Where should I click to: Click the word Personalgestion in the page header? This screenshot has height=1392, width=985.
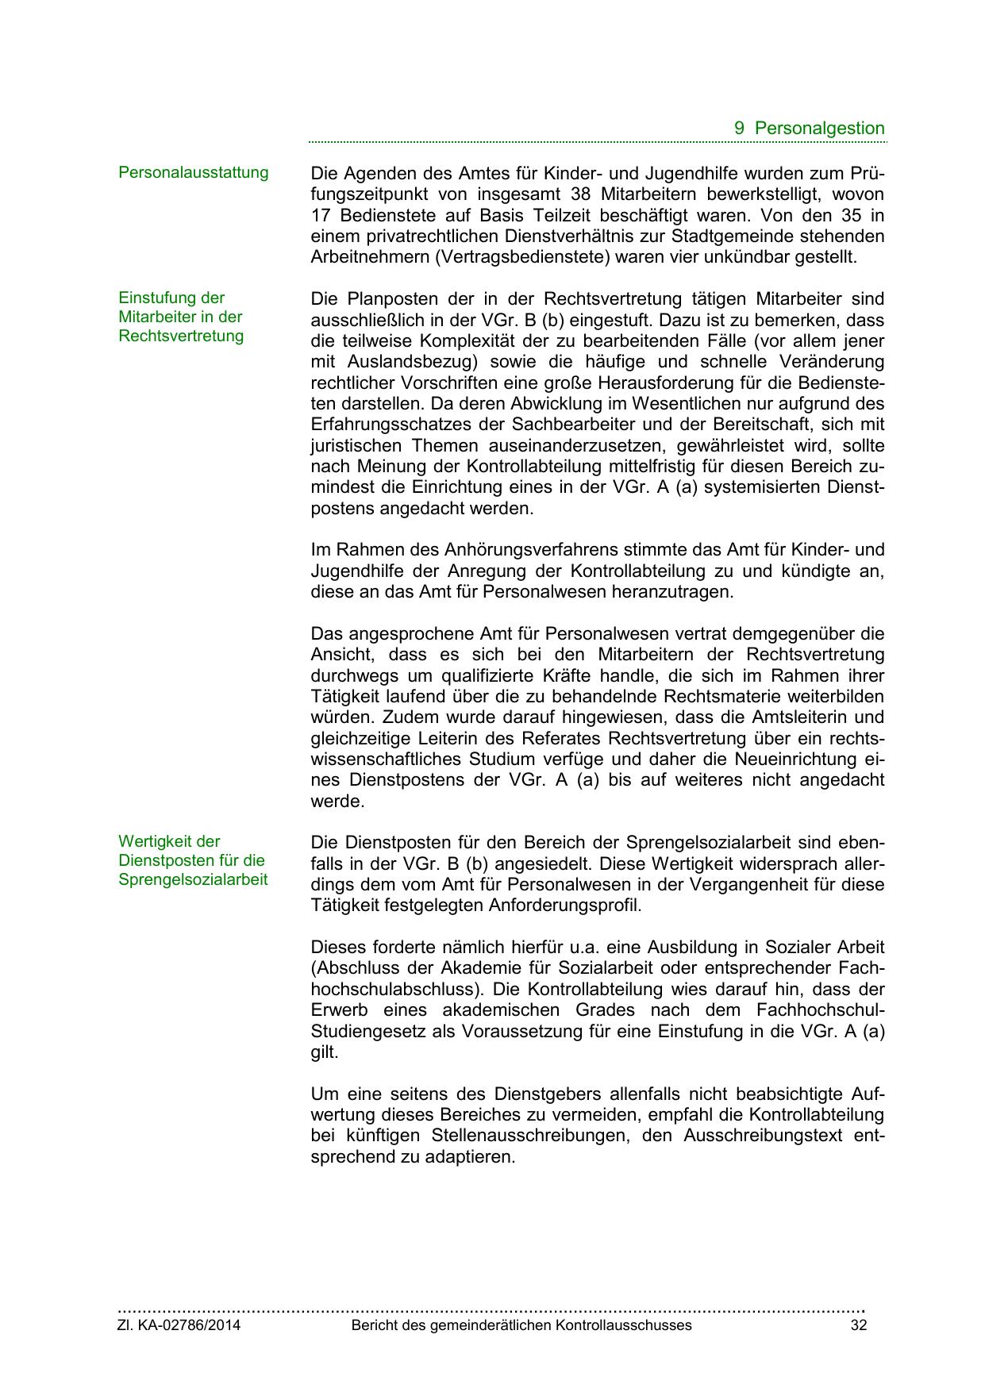tap(819, 129)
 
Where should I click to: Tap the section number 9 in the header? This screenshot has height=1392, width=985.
tap(740, 129)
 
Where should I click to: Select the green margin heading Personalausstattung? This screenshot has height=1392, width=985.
tap(193, 172)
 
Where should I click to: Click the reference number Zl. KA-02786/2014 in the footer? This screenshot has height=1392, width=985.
tap(179, 1325)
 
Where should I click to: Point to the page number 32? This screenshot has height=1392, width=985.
tap(858, 1325)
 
